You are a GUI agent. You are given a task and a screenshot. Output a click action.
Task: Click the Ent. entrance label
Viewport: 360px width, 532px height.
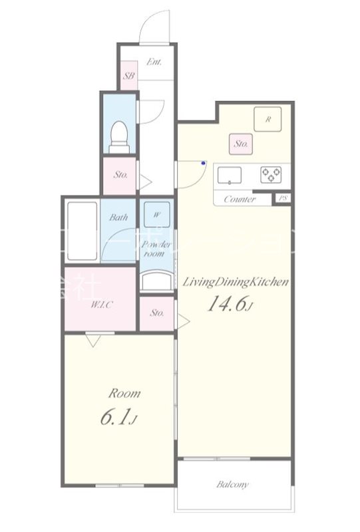point(154,63)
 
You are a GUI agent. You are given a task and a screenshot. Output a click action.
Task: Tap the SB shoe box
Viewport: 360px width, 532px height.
point(129,76)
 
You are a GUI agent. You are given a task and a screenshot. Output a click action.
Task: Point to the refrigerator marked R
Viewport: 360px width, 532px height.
point(268,120)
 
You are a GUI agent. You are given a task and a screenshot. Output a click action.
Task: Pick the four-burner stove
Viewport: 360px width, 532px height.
point(271,174)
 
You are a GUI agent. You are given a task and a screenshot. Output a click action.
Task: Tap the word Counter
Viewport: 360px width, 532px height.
point(240,199)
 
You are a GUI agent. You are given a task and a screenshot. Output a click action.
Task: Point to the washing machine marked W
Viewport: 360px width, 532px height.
point(156,215)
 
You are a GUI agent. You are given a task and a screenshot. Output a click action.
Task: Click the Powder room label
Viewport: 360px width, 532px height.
point(156,249)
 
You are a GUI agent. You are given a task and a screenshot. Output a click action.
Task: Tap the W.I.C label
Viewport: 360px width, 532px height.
point(102,305)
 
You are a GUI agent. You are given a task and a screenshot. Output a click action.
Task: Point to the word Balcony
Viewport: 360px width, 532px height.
point(232,485)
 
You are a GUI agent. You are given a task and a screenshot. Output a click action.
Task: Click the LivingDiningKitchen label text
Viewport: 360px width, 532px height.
point(236,282)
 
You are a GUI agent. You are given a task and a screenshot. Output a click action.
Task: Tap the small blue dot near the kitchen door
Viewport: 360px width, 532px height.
point(204,162)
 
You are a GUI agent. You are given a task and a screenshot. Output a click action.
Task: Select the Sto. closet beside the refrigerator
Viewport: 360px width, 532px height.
point(240,142)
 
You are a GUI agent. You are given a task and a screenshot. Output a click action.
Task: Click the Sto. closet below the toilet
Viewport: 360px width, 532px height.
point(120,176)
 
